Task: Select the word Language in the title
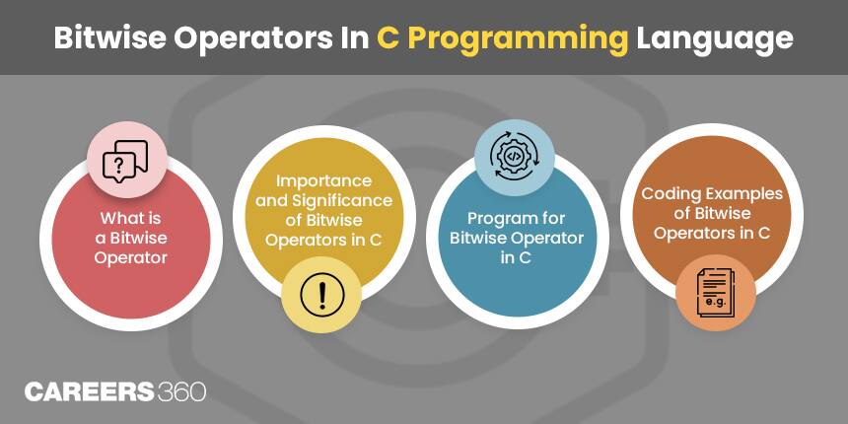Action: tap(714, 37)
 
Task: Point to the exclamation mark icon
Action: tap(320, 293)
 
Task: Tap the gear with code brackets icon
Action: tap(515, 156)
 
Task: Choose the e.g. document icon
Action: tap(715, 295)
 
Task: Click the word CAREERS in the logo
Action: tap(90, 391)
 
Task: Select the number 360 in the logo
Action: tap(181, 391)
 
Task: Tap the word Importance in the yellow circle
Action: tap(323, 181)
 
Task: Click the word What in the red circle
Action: tap(115, 219)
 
